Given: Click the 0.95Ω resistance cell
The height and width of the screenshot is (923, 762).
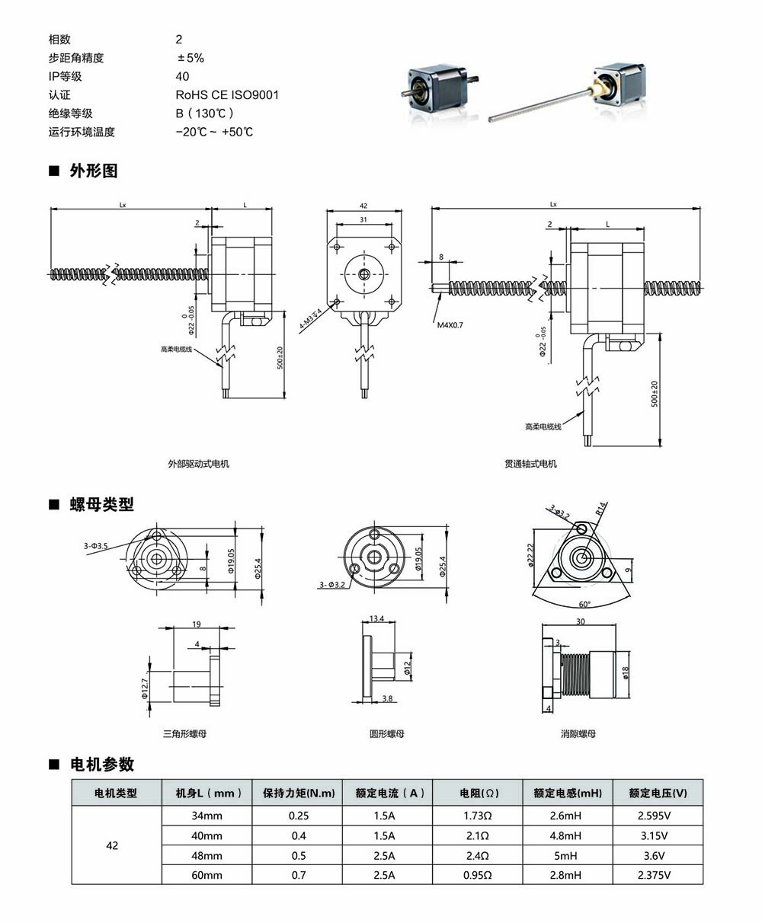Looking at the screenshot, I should coord(477,875).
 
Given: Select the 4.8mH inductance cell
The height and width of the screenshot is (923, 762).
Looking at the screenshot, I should coord(568,835).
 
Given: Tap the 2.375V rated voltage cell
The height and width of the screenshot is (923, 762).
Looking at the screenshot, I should coord(658,875).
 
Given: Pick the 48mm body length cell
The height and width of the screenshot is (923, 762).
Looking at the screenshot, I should coord(207,855).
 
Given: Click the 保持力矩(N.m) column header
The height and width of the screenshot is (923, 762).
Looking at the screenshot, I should coord(299,793).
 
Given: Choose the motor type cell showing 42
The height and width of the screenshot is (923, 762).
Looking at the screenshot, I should coord(112,845).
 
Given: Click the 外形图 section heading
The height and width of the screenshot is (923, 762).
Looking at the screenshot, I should coord(94,171).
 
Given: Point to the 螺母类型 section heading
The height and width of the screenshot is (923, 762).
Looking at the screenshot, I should coord(101,504).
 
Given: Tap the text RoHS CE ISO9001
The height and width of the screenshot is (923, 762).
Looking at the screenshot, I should coord(227,95).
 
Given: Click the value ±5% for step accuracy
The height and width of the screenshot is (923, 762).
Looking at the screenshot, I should coord(190,58).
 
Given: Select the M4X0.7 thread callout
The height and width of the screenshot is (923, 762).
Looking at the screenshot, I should coord(451,325).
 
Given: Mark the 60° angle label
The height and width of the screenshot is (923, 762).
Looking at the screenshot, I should coord(584,603).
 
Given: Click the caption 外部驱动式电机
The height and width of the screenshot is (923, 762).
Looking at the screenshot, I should coord(199,464).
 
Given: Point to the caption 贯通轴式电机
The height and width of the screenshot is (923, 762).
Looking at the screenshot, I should coord(530,464).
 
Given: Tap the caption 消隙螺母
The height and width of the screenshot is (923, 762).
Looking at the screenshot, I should coord(578,734).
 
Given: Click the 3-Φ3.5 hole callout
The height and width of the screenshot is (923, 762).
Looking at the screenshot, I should coord(96,546).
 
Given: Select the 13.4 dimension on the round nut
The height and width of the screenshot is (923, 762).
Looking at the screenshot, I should coord(376,618).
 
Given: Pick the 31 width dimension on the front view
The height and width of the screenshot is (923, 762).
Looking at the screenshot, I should coord(363,220).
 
